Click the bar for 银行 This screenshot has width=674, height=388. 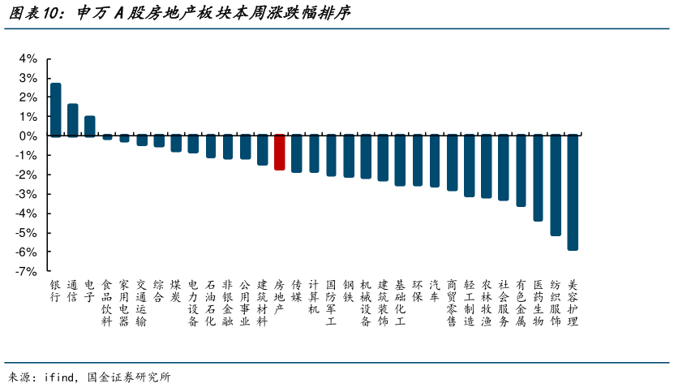pyautogui.click(x=55, y=110)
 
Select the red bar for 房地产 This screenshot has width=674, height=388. pyautogui.click(x=279, y=153)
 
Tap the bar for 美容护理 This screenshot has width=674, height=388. pyautogui.click(x=573, y=192)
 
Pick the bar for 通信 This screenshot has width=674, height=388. pyautogui.click(x=72, y=120)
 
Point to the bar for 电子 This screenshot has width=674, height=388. pyautogui.click(x=89, y=126)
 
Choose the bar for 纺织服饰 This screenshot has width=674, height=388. pyautogui.click(x=556, y=185)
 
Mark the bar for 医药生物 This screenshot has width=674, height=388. pyautogui.click(x=538, y=178)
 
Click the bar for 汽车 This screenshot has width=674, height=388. pyautogui.click(x=435, y=162)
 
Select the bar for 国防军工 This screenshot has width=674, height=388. pyautogui.click(x=331, y=156)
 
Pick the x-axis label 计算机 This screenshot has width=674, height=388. pyautogui.click(x=314, y=297)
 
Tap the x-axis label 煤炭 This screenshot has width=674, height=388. pyautogui.click(x=176, y=291)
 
